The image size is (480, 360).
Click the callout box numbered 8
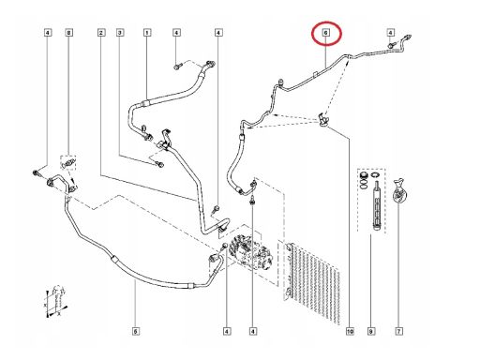click(x=69, y=33)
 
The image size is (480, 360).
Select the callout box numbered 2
click(x=100, y=33)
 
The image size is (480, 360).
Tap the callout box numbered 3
click(x=120, y=33)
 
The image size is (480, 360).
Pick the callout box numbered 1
click(x=147, y=33)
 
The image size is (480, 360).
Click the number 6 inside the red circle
click(x=326, y=33)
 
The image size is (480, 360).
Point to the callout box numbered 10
click(x=350, y=331)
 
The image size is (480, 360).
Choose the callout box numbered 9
click(x=370, y=331)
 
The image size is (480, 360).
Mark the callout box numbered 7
click(x=398, y=331)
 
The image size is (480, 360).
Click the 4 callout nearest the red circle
click(x=390, y=33)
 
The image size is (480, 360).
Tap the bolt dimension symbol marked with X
click(x=56, y=302)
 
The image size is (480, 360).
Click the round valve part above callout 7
click(x=398, y=191)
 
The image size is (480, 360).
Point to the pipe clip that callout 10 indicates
click(x=323, y=120)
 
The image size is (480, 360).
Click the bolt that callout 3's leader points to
click(x=160, y=164)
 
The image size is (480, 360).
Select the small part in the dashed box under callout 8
click(x=68, y=162)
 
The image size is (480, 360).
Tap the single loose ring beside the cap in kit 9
click(x=376, y=175)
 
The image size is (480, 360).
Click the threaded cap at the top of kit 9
click(x=363, y=175)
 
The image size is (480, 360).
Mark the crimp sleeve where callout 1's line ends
click(x=146, y=102)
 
